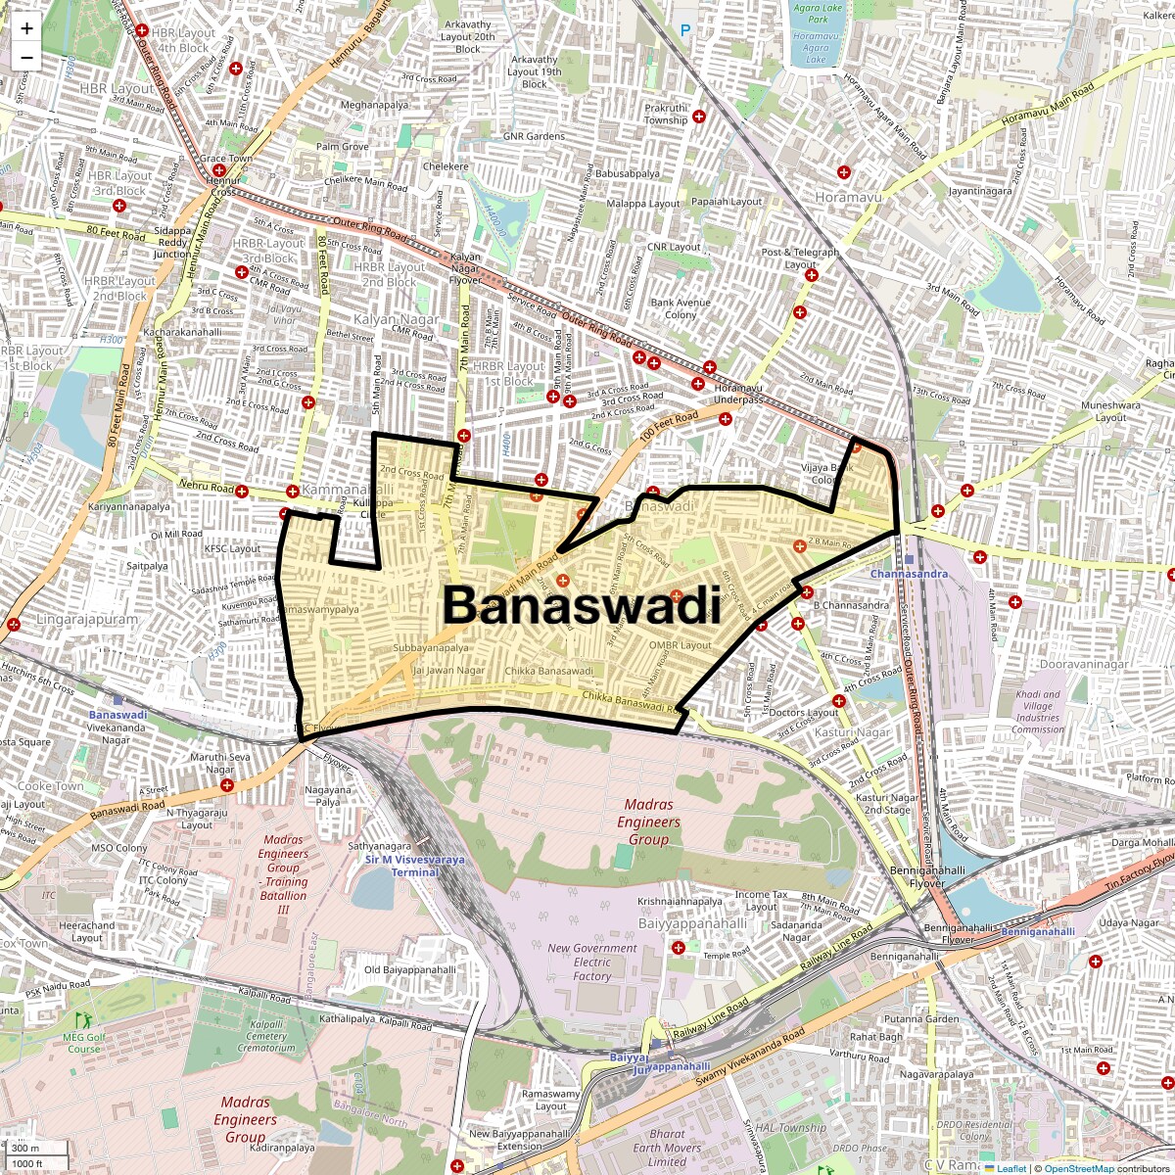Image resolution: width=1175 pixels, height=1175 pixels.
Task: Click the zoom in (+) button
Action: click(x=26, y=28)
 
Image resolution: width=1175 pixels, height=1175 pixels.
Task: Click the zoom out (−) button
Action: click(x=26, y=57)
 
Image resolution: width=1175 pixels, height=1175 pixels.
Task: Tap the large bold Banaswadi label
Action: click(x=582, y=604)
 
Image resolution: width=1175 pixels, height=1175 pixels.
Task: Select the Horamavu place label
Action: click(x=848, y=197)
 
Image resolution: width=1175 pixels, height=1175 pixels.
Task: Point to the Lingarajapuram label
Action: click(x=87, y=620)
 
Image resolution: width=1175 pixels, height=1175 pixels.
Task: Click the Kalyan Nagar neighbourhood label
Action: click(x=397, y=319)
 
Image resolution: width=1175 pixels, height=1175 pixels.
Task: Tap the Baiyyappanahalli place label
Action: click(x=692, y=922)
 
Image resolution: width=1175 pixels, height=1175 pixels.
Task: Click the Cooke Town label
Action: click(x=50, y=785)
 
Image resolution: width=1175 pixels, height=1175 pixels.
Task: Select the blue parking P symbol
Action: click(x=685, y=30)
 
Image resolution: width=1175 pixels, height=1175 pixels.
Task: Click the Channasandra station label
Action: click(x=909, y=574)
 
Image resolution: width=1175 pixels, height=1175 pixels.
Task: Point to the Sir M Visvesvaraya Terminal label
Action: click(x=415, y=866)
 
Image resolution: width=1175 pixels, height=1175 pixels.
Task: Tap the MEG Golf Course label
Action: click(x=83, y=1043)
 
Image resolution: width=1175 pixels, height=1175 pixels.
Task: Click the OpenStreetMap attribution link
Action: click(x=1078, y=1168)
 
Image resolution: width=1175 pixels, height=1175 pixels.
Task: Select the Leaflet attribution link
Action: click(x=1011, y=1168)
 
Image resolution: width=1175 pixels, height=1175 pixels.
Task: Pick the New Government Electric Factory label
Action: click(x=592, y=962)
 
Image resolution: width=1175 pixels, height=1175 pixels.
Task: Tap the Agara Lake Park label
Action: click(x=818, y=14)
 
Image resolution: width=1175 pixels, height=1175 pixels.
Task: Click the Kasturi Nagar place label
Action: click(x=852, y=732)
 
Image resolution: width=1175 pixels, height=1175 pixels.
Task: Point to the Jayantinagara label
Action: click(x=980, y=191)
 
